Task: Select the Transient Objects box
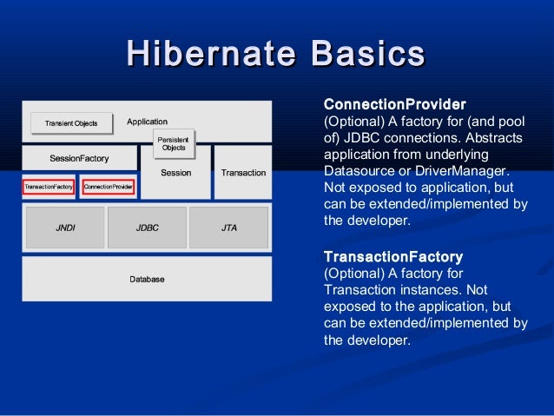71,123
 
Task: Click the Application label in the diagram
147,122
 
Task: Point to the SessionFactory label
79,159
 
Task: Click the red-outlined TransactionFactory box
49,187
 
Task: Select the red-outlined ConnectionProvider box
108,187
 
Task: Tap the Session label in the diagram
176,173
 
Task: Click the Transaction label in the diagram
243,173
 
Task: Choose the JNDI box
65,228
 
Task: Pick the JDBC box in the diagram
147,228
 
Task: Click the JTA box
229,228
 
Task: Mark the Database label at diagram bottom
147,279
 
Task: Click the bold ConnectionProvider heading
394,104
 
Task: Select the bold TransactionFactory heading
392,257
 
